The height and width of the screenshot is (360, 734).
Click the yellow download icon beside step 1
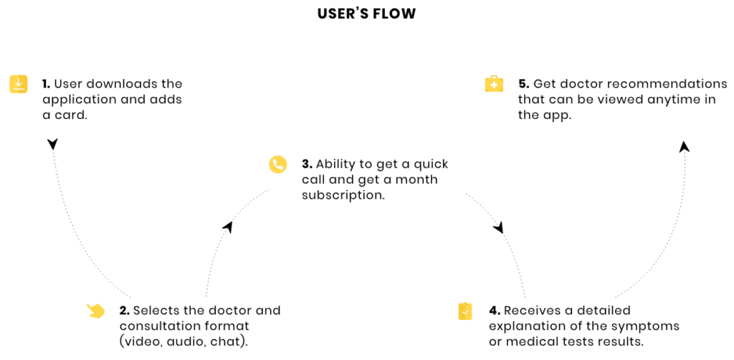click(18, 85)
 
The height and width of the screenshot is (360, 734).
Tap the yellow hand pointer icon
click(95, 311)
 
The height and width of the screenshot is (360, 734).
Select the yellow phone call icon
click(277, 165)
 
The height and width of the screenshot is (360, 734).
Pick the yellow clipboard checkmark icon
click(464, 311)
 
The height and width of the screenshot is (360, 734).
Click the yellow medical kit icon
click(494, 85)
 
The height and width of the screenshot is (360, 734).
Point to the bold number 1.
click(46, 85)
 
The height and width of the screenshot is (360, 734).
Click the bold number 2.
click(124, 311)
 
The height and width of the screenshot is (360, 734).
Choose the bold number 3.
click(307, 164)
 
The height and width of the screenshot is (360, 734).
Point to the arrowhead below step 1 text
click(53, 143)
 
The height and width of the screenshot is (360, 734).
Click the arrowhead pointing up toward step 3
click(228, 227)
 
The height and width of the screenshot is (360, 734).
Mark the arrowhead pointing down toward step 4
click(499, 228)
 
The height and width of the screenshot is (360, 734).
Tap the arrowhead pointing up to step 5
click(685, 146)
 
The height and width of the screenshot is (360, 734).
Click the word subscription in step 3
click(343, 195)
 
